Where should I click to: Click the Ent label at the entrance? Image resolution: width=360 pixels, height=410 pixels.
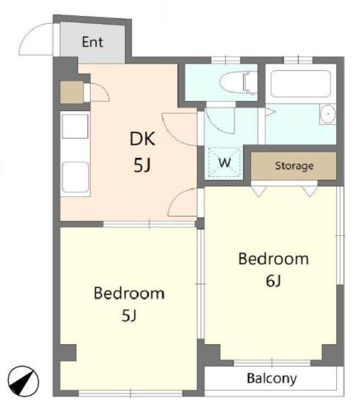pos(92,42)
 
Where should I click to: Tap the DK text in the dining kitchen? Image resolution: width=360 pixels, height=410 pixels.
pos(142,139)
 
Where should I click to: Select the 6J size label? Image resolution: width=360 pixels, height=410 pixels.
pos(273,281)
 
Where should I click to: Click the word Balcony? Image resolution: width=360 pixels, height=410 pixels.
pos(272,379)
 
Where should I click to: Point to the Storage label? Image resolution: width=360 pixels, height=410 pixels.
pos(294,166)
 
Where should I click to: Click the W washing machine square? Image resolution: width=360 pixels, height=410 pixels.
pos(224,162)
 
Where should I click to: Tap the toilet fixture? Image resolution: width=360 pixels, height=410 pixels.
pos(238,82)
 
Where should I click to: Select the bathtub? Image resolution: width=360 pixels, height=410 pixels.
pos(301,84)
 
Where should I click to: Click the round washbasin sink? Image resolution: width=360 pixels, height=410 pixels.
pos(328,114)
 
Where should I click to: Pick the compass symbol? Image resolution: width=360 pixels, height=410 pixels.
pos(23,380)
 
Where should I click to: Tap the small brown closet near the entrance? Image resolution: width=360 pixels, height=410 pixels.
pos(71,92)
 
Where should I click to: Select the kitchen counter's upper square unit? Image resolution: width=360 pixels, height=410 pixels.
pos(75,126)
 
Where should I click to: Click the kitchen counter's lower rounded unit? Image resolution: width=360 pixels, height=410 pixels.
pos(75,177)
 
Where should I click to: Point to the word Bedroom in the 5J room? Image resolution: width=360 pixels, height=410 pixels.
pos(129,293)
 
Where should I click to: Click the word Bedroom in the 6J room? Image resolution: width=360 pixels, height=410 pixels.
pos(273,259)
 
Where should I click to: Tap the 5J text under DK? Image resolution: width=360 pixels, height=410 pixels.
pos(142,165)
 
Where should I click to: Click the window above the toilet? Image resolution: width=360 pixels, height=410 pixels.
pos(226,60)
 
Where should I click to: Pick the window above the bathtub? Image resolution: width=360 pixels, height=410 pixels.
pos(298,60)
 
